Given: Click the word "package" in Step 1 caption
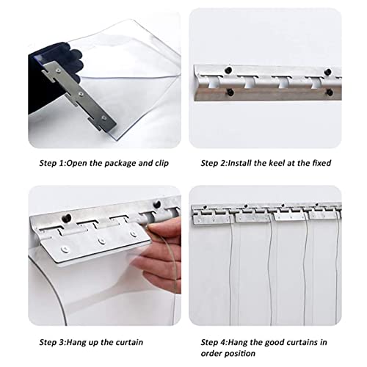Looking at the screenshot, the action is tap(120, 164).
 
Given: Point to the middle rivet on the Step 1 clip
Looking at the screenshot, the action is tap(81, 94).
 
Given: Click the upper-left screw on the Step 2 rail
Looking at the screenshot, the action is tap(228, 70).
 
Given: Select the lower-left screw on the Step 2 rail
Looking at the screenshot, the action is tap(230, 92).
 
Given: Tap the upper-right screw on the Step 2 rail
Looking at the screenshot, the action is tap(327, 72).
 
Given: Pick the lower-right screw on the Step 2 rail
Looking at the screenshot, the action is tap(330, 92).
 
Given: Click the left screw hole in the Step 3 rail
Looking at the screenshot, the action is tap(66, 218).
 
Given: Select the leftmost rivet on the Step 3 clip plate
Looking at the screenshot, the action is tap(65, 249).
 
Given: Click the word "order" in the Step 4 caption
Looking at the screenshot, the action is tap(211, 354).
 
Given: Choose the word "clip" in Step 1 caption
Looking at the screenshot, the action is tap(161, 164).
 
